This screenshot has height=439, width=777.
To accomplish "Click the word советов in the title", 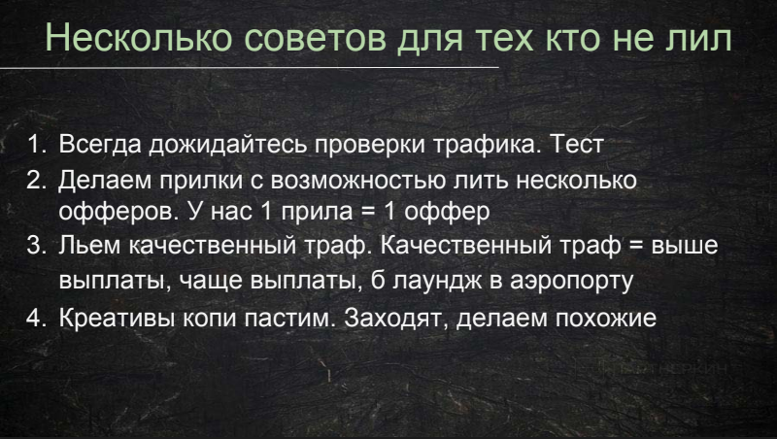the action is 315,39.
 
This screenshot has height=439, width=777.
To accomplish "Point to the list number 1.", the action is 37,144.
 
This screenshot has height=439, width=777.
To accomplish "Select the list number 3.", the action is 37,245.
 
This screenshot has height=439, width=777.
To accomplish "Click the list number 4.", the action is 37,318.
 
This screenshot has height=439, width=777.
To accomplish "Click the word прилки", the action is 201,181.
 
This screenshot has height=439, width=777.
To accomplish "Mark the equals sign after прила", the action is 368,212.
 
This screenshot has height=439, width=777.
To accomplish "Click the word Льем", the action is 89,245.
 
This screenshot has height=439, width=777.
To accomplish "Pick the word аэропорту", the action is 572,281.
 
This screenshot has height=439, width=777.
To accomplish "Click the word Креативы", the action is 117,318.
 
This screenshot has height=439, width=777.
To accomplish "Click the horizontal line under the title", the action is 250,66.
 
